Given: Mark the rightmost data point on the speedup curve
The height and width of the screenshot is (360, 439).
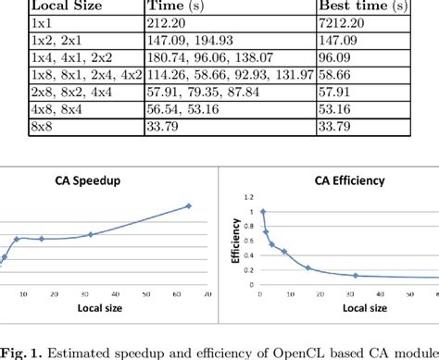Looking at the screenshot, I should (x=189, y=205).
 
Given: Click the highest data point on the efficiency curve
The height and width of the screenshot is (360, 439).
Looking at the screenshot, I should (x=262, y=211).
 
